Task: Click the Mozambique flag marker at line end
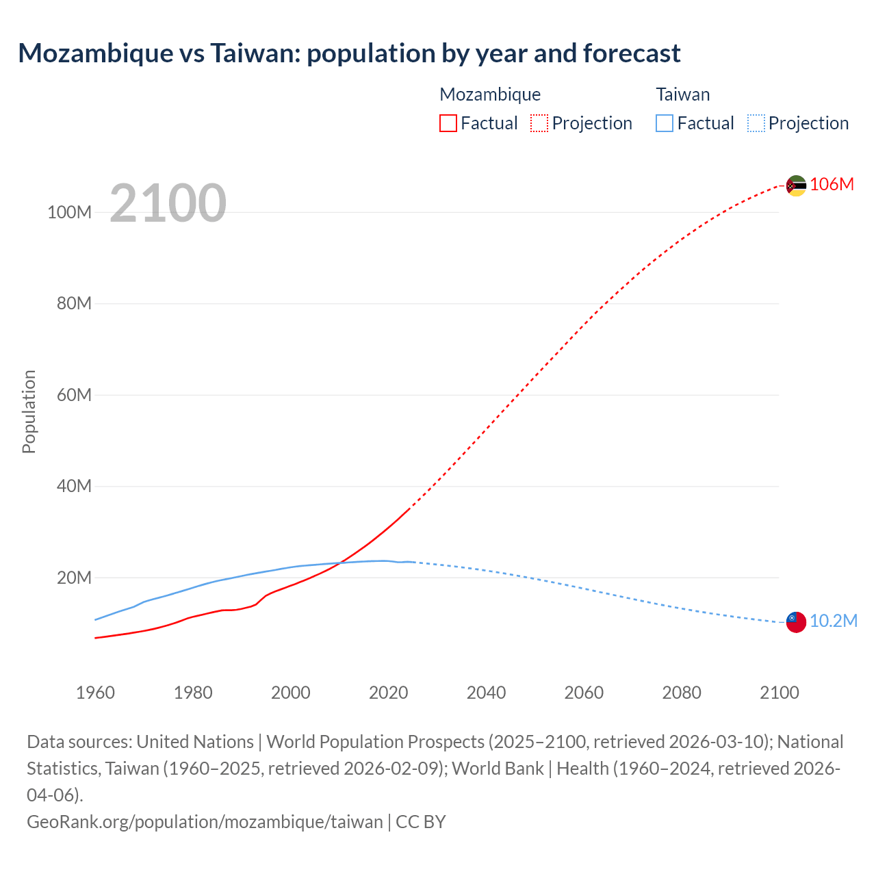(x=796, y=185)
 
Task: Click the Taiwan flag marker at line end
(x=796, y=621)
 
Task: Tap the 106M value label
(x=832, y=184)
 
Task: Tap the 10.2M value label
(x=834, y=621)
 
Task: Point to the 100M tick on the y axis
(x=69, y=212)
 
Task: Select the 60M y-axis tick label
(x=74, y=395)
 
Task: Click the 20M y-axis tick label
(x=74, y=578)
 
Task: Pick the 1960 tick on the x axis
(x=95, y=693)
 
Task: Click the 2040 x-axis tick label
(x=486, y=693)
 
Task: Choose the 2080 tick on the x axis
(x=682, y=693)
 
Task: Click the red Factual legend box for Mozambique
(x=448, y=123)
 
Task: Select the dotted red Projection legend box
(x=539, y=123)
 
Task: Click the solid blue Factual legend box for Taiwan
(x=664, y=123)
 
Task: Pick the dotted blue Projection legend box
(x=756, y=123)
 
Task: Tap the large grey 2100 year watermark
(x=168, y=203)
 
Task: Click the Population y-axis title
(x=29, y=411)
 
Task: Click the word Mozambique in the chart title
(x=95, y=53)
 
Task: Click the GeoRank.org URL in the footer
(x=205, y=821)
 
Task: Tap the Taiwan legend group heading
(x=682, y=94)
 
